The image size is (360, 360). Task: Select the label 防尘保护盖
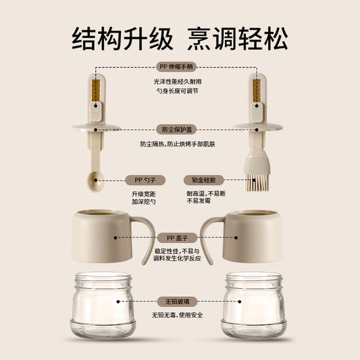pyautogui.click(x=179, y=129)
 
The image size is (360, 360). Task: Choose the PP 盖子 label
pyautogui.click(x=179, y=236)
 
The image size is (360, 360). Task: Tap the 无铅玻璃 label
pyautogui.click(x=179, y=302)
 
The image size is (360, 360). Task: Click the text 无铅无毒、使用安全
pyautogui.click(x=179, y=316)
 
